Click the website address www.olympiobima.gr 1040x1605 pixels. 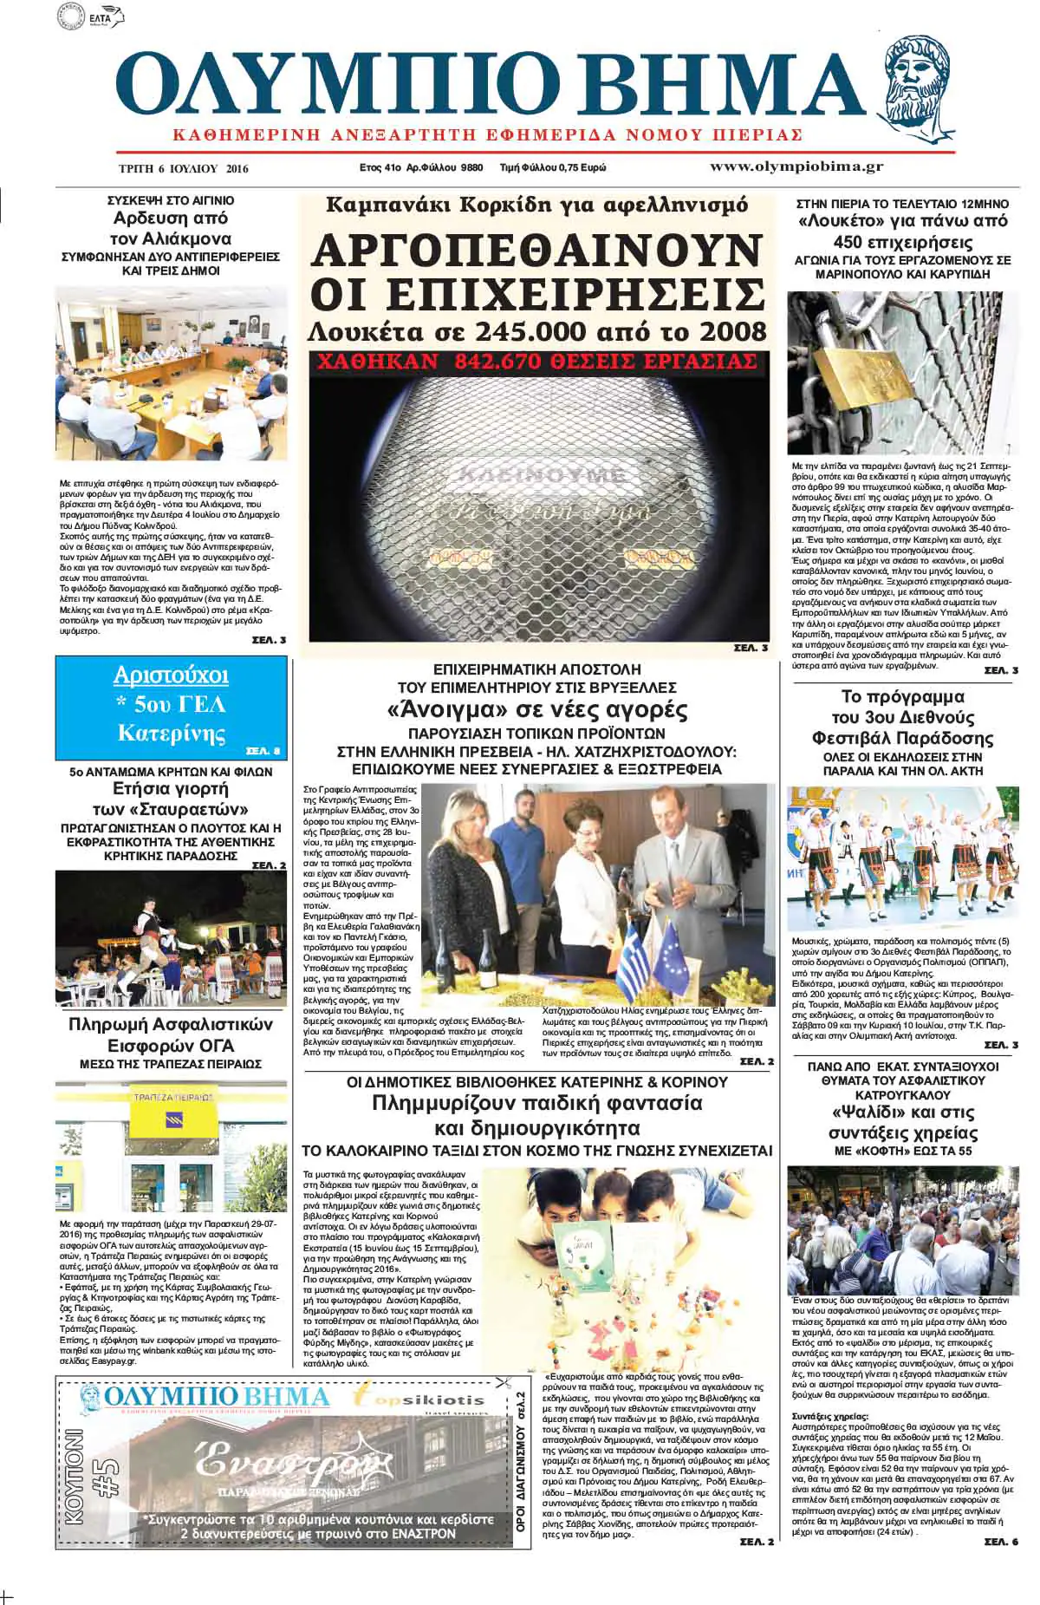796,166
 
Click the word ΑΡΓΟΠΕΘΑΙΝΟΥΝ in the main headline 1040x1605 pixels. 536,251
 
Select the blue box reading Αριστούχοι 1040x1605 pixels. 171,708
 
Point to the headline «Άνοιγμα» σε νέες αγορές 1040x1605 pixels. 536,710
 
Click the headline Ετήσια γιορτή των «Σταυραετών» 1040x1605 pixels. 171,798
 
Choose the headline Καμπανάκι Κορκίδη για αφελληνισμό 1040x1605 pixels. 536,206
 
